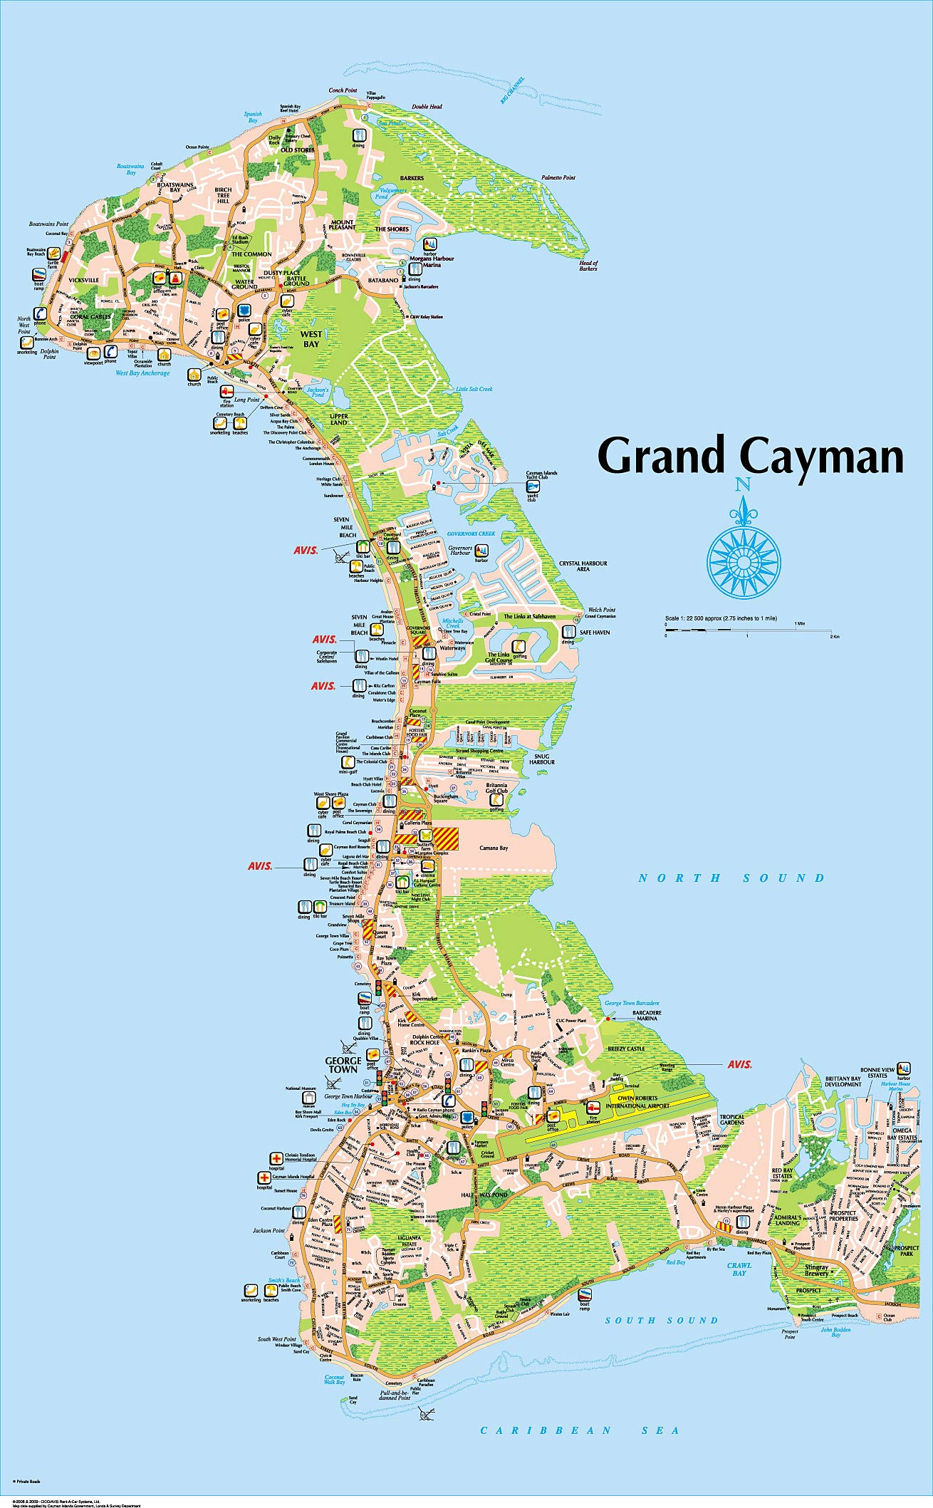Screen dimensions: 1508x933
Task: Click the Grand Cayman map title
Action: click(x=750, y=457)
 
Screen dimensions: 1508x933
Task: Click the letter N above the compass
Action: click(x=743, y=485)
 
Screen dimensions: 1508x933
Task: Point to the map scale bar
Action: click(x=748, y=631)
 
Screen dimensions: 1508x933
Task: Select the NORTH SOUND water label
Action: click(x=731, y=878)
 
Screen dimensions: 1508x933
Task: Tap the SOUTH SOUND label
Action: click(x=662, y=1320)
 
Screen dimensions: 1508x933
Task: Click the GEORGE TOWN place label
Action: click(x=343, y=1065)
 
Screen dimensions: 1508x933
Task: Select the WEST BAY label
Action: click(x=311, y=339)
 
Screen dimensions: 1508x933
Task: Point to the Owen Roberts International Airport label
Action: click(x=638, y=1102)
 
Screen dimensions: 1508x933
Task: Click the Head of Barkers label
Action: click(x=588, y=266)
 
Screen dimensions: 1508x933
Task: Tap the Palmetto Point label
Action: click(x=558, y=177)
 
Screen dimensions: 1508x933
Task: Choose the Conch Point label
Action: click(x=343, y=90)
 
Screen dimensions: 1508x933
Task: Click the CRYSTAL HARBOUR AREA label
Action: click(x=583, y=566)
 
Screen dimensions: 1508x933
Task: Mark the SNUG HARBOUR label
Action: click(x=541, y=758)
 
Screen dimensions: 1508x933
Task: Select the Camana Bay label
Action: click(x=494, y=848)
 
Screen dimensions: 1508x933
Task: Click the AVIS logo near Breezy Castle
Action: click(x=739, y=1064)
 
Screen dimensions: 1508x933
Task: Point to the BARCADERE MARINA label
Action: click(x=647, y=1015)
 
